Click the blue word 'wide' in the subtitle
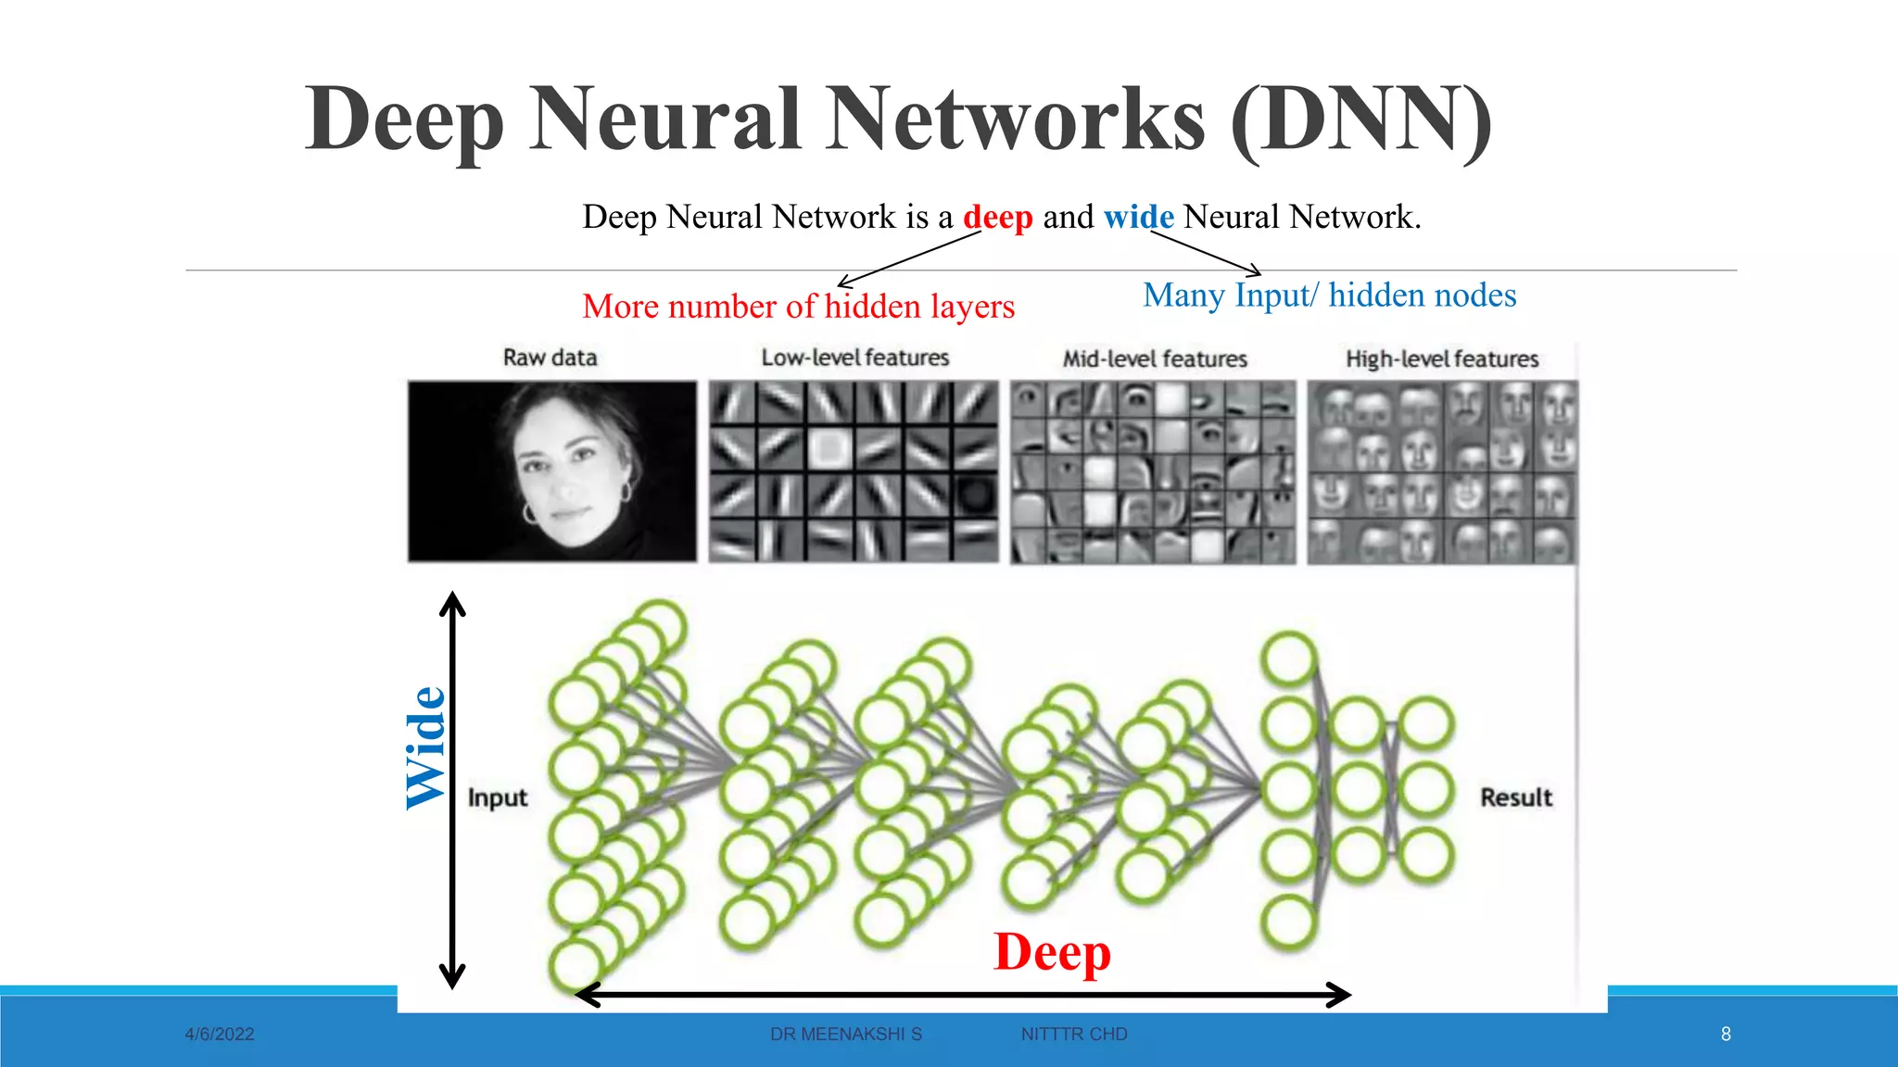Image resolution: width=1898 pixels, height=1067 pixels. (1138, 218)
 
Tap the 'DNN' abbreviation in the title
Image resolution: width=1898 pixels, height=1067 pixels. (1361, 120)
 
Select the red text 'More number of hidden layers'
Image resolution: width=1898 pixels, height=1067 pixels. (798, 307)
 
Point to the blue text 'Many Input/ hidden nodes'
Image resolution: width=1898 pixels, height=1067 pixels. (1329, 295)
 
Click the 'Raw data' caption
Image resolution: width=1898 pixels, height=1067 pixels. (550, 358)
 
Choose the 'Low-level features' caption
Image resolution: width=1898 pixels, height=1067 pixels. (854, 358)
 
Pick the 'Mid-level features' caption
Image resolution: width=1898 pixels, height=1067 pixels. (1155, 358)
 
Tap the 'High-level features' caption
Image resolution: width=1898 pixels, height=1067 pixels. (1442, 358)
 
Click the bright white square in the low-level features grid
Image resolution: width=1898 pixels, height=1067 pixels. (829, 448)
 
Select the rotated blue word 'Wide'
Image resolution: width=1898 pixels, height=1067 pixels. (427, 748)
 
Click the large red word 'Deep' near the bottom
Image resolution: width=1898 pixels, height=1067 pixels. (1052, 952)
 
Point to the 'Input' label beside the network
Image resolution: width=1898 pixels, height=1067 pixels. (497, 797)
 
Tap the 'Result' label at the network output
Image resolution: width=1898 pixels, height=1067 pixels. (1515, 797)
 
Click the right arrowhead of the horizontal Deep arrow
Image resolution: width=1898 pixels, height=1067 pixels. (1341, 996)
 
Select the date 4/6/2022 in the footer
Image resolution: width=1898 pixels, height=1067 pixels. (220, 1035)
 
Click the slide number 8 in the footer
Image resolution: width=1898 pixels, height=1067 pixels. (1726, 1035)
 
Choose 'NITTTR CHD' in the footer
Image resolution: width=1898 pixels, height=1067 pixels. (1074, 1035)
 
